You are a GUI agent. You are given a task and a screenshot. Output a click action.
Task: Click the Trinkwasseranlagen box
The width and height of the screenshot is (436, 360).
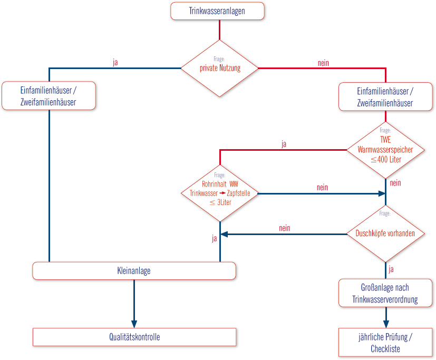217,11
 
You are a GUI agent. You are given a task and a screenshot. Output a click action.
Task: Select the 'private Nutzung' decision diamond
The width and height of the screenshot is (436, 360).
220,69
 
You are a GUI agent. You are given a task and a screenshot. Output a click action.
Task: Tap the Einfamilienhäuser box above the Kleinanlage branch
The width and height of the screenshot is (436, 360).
49,95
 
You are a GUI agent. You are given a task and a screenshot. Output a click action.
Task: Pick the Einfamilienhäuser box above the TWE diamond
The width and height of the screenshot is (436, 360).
385,96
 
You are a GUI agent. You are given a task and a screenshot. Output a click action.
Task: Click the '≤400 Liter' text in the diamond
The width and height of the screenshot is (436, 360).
386,160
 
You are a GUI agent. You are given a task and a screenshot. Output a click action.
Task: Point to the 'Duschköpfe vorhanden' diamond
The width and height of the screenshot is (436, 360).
385,234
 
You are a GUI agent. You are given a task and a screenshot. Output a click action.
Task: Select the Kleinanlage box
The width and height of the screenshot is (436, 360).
134,271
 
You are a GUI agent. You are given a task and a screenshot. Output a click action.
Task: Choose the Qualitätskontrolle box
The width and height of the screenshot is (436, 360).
134,337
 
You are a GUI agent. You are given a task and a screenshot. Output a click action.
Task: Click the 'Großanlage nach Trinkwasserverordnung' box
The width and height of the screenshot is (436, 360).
385,293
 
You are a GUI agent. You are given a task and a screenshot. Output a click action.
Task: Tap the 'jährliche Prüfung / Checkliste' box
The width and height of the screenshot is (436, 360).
385,342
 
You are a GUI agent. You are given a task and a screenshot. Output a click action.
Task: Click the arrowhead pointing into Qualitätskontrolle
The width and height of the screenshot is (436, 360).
134,324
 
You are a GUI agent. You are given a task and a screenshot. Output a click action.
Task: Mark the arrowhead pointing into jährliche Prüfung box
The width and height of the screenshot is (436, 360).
386,324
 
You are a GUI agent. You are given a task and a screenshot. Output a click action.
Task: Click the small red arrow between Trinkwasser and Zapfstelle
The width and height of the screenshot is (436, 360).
222,193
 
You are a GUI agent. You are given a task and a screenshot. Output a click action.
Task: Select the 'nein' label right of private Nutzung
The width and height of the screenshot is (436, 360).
323,63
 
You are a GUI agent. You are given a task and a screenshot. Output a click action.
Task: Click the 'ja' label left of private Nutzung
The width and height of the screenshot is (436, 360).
115,62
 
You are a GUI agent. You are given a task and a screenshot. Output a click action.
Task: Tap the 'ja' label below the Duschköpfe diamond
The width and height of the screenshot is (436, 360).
391,269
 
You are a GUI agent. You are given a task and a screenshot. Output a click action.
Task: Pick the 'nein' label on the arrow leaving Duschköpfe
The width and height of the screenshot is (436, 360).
285,228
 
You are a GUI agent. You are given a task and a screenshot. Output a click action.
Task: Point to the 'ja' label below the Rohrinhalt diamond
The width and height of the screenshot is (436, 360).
214,239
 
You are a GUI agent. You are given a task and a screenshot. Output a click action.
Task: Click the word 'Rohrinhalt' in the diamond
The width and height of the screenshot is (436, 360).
214,184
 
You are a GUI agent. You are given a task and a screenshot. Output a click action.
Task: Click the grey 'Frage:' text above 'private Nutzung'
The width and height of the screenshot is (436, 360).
219,59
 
